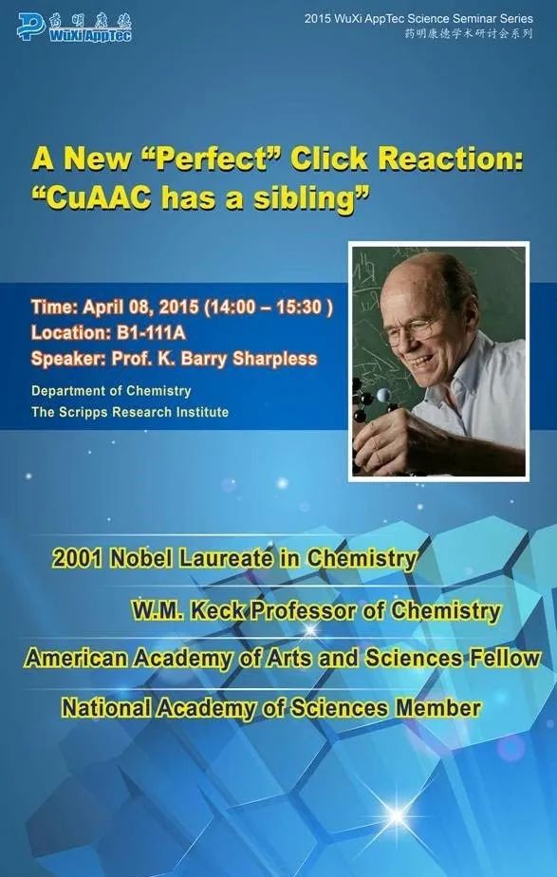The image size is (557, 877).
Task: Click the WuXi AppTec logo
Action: (74, 27)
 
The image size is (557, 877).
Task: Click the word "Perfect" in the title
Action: (212, 159)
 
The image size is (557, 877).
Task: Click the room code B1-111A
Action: (151, 333)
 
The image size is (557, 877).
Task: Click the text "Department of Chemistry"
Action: (111, 391)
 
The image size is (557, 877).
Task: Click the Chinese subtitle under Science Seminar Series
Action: (469, 33)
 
